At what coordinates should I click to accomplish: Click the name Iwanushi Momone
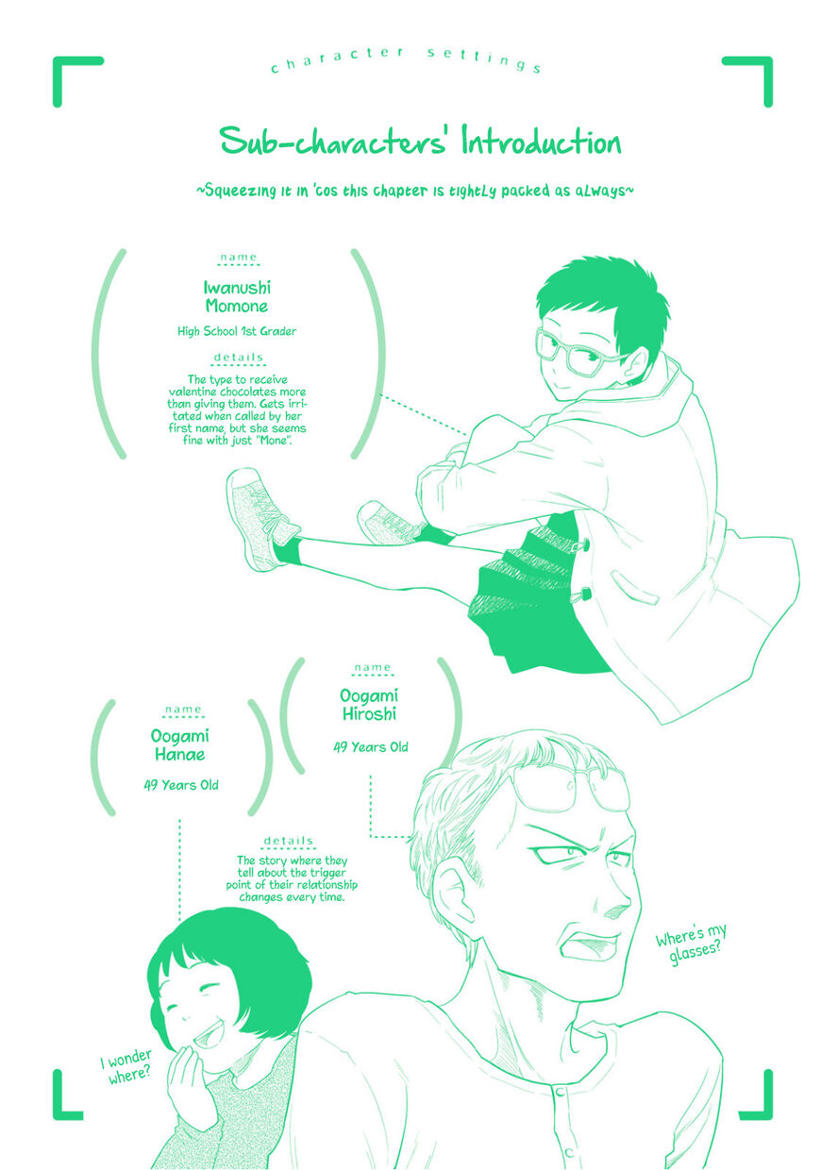[x=237, y=296]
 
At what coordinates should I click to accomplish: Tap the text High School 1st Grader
[x=237, y=331]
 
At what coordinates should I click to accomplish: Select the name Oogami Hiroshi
[x=369, y=705]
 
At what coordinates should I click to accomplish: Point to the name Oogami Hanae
[x=179, y=744]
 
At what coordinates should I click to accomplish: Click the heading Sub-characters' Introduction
[x=421, y=142]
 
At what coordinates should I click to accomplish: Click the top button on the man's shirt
[x=560, y=1092]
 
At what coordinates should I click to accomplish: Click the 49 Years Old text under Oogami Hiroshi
[x=370, y=747]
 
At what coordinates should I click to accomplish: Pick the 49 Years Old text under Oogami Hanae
[x=180, y=785]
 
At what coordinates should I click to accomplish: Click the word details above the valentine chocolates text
[x=238, y=358]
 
